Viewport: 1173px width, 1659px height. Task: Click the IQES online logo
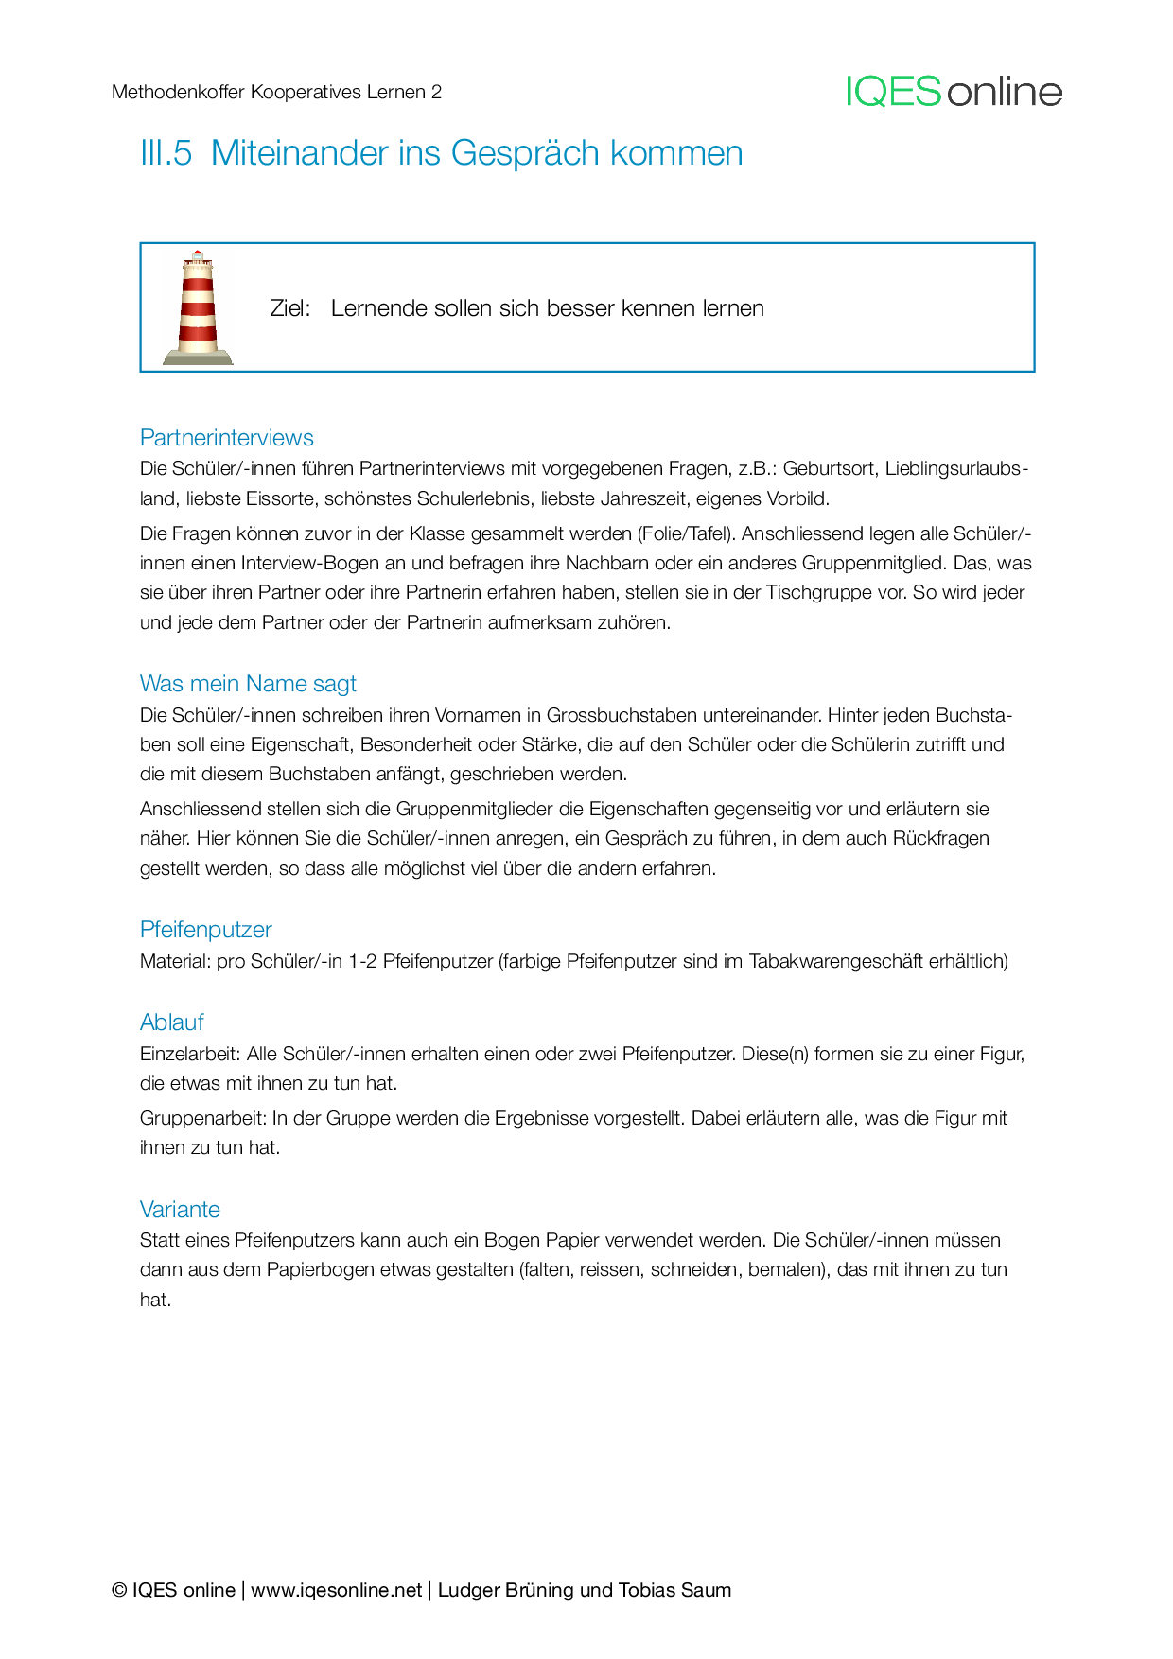click(954, 92)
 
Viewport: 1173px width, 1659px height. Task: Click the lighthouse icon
click(198, 308)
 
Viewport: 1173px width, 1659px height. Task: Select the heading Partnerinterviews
click(226, 438)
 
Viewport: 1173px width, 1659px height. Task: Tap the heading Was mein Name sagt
click(248, 684)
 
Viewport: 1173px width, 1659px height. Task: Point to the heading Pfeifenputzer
click(205, 930)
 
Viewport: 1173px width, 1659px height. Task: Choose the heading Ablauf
click(171, 1022)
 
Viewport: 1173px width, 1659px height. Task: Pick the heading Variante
click(180, 1210)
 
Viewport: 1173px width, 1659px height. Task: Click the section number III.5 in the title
click(166, 153)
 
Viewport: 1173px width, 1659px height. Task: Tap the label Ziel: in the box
click(290, 308)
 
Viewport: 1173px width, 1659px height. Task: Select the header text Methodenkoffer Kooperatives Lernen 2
click(276, 92)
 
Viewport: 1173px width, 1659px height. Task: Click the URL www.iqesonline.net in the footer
click(336, 1590)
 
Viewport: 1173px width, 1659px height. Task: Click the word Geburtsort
click(829, 468)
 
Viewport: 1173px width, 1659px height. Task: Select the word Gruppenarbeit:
click(202, 1118)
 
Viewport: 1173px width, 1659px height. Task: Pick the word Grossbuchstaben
click(614, 714)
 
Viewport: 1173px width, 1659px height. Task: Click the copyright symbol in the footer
click(119, 1590)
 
